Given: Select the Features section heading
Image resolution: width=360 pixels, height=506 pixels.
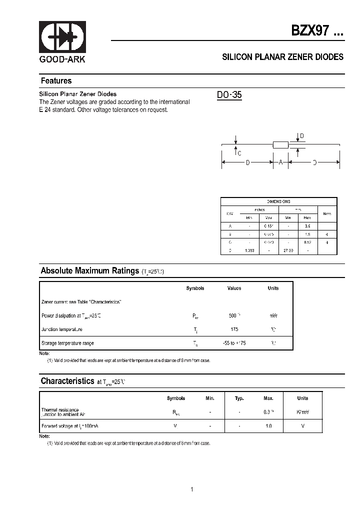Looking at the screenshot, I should click(56, 81).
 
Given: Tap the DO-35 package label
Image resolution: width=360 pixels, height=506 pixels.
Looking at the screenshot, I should click(229, 95).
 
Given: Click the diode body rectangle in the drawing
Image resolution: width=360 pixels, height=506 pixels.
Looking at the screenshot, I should click(281, 145).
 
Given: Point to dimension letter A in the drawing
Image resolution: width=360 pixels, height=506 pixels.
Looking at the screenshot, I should click(280, 162).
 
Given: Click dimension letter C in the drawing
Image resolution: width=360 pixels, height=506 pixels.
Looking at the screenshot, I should click(239, 153).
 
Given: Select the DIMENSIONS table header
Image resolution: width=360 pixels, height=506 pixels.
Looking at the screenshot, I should click(278, 201).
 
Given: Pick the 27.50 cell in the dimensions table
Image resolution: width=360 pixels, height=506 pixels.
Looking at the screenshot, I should click(288, 250).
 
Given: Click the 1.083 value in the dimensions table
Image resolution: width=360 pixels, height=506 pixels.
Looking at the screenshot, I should click(249, 250).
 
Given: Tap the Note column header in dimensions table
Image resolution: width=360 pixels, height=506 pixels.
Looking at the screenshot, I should click(327, 213).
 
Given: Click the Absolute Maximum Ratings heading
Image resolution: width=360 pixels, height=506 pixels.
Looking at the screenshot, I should click(89, 271).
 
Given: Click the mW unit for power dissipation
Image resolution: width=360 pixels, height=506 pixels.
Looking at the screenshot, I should click(273, 316).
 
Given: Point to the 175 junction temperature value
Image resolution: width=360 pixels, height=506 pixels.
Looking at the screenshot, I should click(234, 329).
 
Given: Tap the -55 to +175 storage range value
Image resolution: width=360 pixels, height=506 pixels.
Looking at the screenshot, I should click(234, 343).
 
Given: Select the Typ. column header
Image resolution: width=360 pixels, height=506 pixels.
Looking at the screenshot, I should click(239, 398).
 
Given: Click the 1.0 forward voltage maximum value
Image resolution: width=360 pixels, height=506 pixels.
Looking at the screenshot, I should click(268, 425).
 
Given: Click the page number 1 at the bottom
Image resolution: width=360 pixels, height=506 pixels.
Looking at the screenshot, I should click(191, 489).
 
